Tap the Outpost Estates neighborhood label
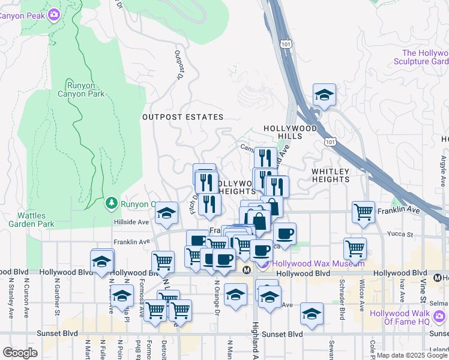[182, 117]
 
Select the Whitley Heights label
[330, 176]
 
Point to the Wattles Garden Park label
[31, 220]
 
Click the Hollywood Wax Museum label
[318, 263]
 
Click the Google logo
[20, 353]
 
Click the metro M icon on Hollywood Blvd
[246, 271]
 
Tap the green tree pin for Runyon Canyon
[111, 203]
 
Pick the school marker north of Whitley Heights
[324, 95]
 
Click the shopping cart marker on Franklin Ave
[363, 212]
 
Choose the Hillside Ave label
[131, 222]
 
